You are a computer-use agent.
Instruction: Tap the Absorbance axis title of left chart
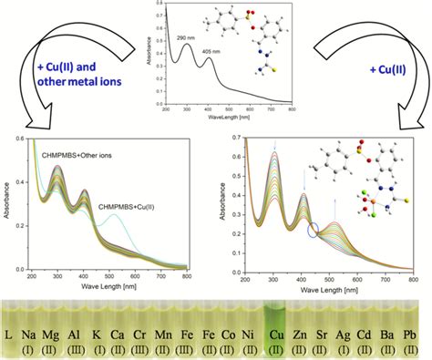[7, 206]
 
